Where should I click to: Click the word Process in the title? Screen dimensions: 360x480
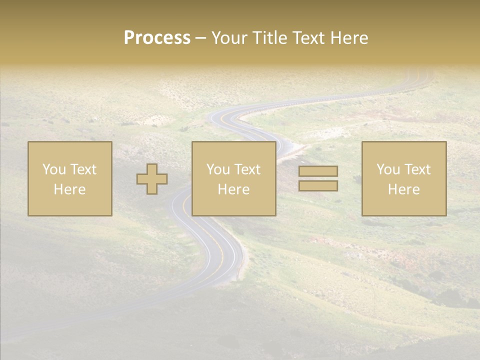157,38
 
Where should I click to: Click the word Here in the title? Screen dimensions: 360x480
350,38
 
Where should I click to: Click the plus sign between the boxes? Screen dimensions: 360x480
152,179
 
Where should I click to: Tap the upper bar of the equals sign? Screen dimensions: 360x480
318,171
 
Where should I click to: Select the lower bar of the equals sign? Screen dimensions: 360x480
318,185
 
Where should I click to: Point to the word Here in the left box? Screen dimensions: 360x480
69,189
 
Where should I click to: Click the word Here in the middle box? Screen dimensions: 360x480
233,189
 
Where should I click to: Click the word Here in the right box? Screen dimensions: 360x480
403,189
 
